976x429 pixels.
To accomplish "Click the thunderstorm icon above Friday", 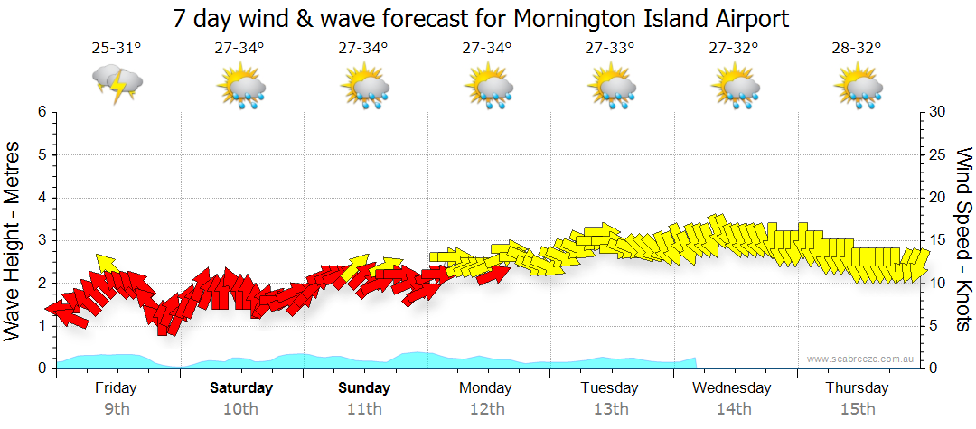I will pyautogui.click(x=117, y=83).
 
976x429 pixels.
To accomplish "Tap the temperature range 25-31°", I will pyautogui.click(x=117, y=49).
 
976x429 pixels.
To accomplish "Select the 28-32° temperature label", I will pyautogui.click(x=857, y=49).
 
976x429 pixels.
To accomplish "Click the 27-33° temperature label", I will pyautogui.click(x=610, y=49).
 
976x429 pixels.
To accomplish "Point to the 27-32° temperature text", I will pyautogui.click(x=734, y=49).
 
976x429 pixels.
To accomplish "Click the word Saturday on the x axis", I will pyautogui.click(x=241, y=388).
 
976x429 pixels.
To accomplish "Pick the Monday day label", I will pyautogui.click(x=487, y=388).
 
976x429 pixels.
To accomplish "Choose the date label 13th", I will pyautogui.click(x=611, y=408).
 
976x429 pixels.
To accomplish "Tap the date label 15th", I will pyautogui.click(x=857, y=408).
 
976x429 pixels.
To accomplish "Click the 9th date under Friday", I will pyautogui.click(x=117, y=408).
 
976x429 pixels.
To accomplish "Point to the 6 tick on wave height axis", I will pyautogui.click(x=41, y=112).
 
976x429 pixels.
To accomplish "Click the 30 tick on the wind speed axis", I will pyautogui.click(x=938, y=112).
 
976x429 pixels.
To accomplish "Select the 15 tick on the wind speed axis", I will pyautogui.click(x=938, y=240).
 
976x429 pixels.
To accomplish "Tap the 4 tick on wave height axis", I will pyautogui.click(x=41, y=198).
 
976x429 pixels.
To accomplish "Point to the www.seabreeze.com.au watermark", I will pyautogui.click(x=861, y=359).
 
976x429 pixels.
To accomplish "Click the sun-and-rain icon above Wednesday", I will pyautogui.click(x=735, y=88).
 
